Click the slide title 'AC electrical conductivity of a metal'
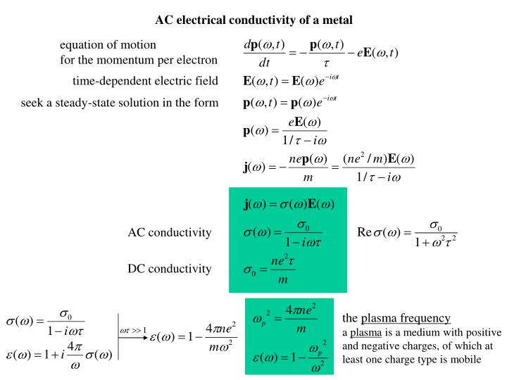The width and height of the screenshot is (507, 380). (254, 19)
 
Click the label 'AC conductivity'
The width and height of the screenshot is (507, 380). (170, 232)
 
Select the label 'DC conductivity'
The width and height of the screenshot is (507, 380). (170, 269)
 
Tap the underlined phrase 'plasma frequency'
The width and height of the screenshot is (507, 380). (406, 317)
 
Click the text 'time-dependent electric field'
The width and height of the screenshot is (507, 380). (145, 80)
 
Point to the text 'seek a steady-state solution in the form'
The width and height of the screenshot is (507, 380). (120, 103)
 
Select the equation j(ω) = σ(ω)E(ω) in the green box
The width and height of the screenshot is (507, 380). (289, 205)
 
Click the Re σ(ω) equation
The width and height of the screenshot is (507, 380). (407, 233)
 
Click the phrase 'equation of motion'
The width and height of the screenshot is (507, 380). (103, 45)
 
